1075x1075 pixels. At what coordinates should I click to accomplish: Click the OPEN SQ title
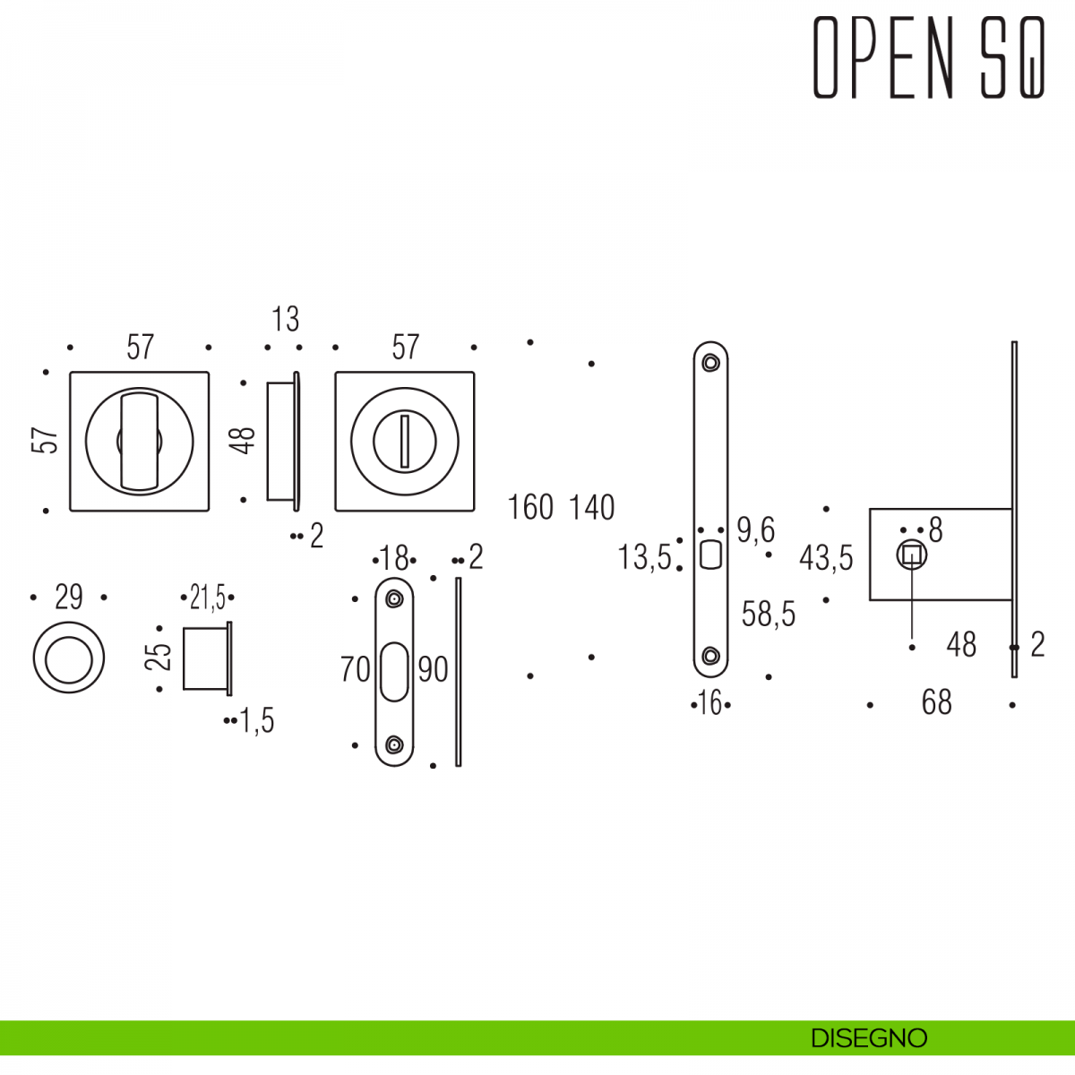[929, 58]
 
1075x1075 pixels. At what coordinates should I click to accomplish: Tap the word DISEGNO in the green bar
[868, 1038]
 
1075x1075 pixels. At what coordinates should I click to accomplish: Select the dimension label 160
[530, 507]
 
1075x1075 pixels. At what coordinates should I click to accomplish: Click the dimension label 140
[592, 507]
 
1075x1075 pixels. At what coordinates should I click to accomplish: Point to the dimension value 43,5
[826, 558]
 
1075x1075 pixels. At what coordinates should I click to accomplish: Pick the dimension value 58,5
[769, 614]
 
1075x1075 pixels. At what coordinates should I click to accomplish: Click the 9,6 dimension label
[755, 530]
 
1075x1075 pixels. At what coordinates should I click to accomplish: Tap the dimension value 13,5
[644, 557]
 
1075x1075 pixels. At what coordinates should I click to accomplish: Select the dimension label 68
[936, 702]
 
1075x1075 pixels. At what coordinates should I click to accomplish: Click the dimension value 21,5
[207, 597]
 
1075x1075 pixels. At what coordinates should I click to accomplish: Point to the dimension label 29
[69, 597]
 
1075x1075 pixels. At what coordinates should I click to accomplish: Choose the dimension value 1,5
[256, 720]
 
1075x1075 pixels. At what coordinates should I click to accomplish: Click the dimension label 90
[433, 669]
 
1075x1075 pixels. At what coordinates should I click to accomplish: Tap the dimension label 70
[355, 669]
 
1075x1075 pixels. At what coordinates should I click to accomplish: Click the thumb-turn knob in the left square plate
[138, 441]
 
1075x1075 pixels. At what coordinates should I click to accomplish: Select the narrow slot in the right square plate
[405, 441]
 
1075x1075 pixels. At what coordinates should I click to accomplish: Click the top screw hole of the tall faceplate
[710, 363]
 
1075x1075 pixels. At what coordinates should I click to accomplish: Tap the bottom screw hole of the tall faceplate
[710, 656]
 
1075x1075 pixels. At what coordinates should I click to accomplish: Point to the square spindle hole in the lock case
[912, 555]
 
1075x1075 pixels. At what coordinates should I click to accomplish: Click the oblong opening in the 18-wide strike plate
[394, 672]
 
